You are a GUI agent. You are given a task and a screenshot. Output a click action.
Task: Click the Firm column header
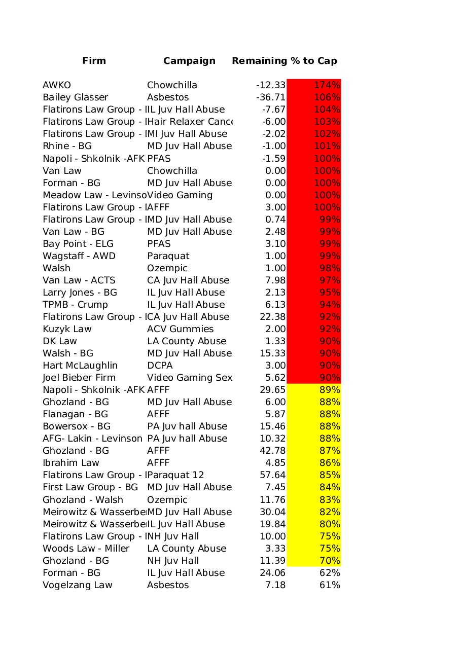coord(94,61)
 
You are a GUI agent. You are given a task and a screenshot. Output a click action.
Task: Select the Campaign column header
coord(189,61)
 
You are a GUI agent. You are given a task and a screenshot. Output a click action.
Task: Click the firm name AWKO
coord(57,85)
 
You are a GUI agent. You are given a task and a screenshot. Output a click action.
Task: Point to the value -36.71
coord(271,97)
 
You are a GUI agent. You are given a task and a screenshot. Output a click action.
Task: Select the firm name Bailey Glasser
coord(76,97)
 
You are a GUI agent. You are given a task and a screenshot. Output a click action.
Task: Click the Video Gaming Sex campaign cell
coord(190,378)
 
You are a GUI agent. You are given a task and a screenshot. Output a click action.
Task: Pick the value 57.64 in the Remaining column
coord(272,475)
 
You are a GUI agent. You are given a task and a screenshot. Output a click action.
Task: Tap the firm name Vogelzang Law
coord(78,585)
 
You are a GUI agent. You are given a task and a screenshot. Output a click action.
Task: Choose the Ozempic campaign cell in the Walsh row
coord(167,268)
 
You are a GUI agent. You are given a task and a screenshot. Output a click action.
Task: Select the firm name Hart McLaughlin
coord(80,366)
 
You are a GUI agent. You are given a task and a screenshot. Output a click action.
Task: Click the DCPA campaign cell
coord(160,366)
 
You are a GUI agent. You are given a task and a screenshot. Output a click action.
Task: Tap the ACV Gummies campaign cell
coord(181,329)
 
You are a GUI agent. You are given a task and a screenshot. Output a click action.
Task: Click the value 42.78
coord(272,451)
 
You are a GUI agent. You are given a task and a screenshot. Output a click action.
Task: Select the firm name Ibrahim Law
coord(71,463)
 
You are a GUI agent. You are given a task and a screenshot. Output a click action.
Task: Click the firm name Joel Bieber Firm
coord(79,378)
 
